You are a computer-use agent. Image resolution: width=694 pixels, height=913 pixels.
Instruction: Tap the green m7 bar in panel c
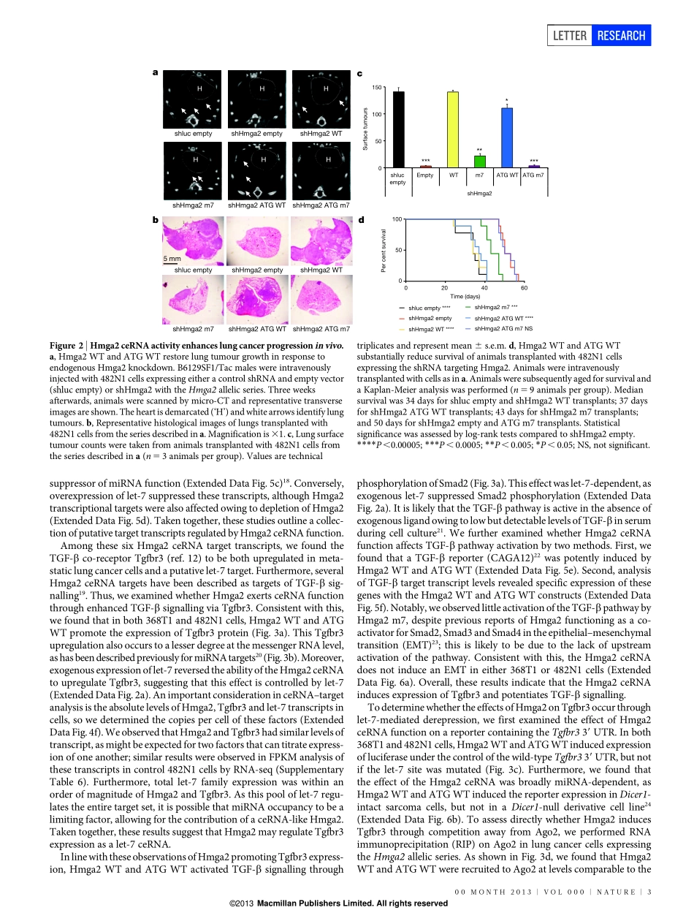(480, 162)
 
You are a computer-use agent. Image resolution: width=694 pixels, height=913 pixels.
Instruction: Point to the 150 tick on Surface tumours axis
(377, 88)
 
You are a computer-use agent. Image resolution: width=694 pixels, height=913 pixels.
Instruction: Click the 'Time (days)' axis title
(465, 296)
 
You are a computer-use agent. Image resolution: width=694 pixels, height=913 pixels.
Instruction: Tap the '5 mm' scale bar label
(172, 259)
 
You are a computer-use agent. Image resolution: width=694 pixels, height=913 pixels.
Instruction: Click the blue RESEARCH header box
(622, 35)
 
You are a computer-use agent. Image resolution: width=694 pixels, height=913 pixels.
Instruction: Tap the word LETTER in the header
(569, 35)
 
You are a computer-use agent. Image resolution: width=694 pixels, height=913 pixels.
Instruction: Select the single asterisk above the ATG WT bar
(506, 101)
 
